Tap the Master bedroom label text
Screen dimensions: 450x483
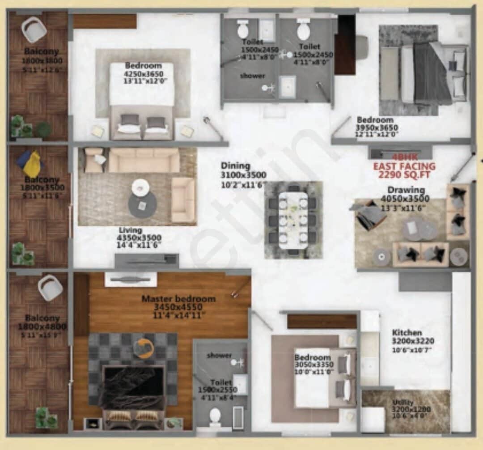tap(178, 298)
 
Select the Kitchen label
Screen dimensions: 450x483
tap(407, 333)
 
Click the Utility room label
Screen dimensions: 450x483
tap(403, 402)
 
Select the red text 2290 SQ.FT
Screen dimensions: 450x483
tap(404, 174)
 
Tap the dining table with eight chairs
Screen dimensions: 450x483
tap(293, 220)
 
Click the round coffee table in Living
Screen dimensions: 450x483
tap(142, 204)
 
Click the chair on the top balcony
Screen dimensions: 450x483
tap(34, 29)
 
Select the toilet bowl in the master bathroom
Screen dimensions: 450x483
tap(215, 415)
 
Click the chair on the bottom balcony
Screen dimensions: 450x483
tap(50, 288)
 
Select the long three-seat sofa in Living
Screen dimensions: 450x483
tap(144, 160)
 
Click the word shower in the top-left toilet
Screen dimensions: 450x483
tap(252, 76)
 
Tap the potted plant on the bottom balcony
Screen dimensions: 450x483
tap(47, 416)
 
